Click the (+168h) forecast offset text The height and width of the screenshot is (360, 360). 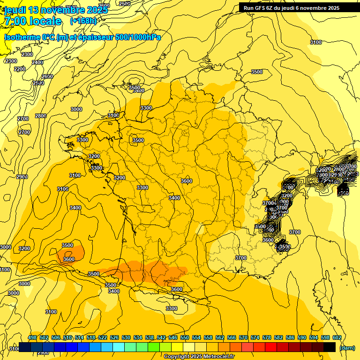83,21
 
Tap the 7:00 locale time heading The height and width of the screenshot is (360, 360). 32,21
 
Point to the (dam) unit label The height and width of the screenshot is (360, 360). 347,348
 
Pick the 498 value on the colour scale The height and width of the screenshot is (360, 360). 32,337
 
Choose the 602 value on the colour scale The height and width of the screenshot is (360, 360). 337,337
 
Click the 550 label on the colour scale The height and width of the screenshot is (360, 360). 185,337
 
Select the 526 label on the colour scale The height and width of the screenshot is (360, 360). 114,337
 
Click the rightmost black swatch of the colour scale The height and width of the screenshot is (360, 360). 330,347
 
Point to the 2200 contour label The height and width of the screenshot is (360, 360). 20,69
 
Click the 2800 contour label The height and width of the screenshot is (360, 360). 41,116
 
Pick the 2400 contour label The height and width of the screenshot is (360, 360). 38,62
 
